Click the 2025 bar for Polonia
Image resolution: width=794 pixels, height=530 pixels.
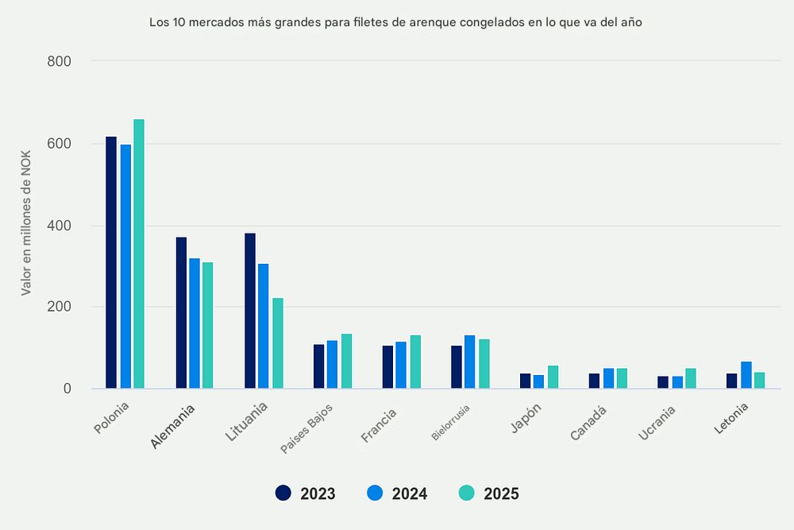point(139,254)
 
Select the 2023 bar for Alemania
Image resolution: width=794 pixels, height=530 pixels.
point(181,313)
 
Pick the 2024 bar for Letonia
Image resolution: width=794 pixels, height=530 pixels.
point(746,375)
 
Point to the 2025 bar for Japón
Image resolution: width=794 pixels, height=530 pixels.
point(553,377)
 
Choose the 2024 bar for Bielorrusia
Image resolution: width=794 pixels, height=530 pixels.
point(470,362)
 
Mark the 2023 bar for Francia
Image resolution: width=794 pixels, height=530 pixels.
point(387,367)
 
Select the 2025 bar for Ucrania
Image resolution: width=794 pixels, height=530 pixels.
point(691,379)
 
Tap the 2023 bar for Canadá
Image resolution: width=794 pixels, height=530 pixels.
point(594,381)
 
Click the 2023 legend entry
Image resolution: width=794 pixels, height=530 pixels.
point(306,493)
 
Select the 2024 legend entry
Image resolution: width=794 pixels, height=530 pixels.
point(398,493)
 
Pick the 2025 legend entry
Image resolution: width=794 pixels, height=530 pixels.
point(489,493)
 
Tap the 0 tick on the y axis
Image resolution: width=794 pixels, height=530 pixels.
point(67,389)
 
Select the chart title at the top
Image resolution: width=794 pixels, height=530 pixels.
point(395,23)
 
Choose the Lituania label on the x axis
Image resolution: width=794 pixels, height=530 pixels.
point(247,422)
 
